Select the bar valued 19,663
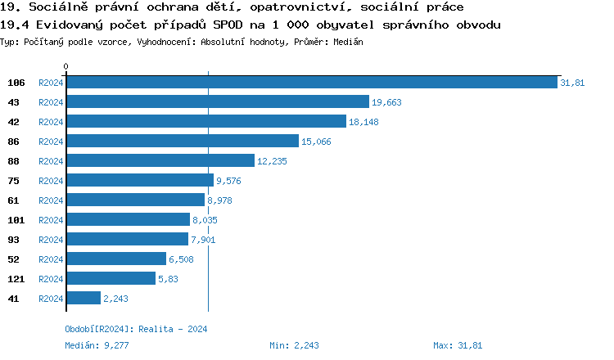tap(217, 102)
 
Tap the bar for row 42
tap(205, 122)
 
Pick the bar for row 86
tap(182, 142)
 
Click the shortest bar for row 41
tap(83, 299)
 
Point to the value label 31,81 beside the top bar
tap(572, 83)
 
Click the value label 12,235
tap(272, 162)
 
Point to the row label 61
tap(14, 200)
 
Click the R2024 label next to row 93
tap(51, 240)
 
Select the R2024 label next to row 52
tap(51, 259)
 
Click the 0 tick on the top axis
tap(66, 66)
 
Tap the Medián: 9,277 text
tap(97, 346)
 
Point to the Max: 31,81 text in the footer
tap(458, 346)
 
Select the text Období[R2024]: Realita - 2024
tap(136, 329)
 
